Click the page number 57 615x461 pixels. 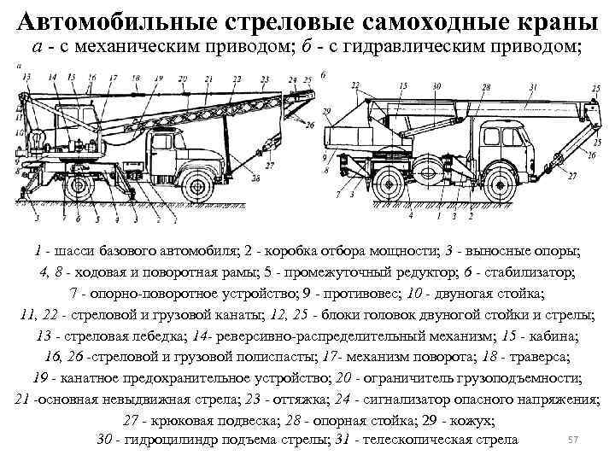point(574,438)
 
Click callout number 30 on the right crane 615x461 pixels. point(436,87)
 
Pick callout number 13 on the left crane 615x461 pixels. point(26,77)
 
